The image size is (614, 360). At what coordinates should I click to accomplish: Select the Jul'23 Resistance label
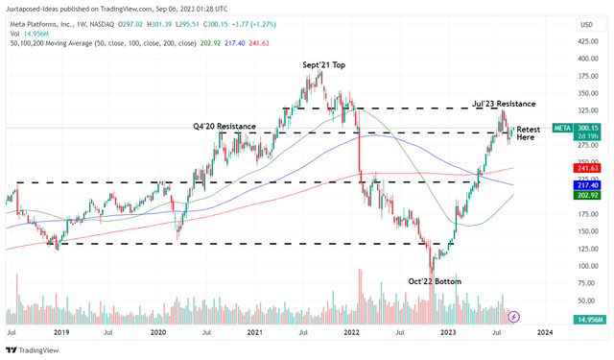point(504,103)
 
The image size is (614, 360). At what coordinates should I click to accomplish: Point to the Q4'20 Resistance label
point(224,126)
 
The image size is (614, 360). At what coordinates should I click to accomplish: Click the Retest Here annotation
point(529,133)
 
